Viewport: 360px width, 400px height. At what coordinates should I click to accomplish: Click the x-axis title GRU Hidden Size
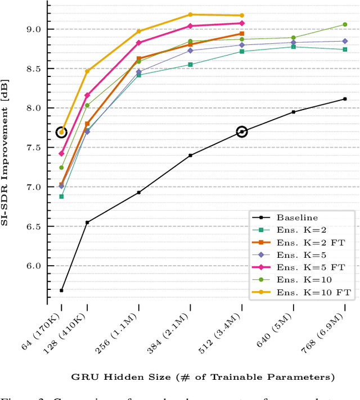pos(203,376)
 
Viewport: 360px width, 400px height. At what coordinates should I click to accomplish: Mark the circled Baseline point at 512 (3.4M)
pos(242,131)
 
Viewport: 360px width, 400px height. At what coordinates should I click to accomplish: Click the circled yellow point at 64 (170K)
pos(61,133)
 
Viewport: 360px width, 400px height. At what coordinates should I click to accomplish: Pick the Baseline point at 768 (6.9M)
pos(345,99)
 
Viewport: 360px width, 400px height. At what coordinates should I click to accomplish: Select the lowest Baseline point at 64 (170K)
pos(61,290)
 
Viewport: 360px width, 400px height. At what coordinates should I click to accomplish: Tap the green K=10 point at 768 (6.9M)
pos(345,24)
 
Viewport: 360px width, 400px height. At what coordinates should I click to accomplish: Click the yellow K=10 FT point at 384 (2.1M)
pos(190,15)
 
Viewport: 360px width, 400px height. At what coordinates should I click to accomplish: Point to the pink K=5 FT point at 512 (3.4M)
pos(242,23)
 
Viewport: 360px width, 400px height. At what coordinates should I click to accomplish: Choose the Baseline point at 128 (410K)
pos(87,222)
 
